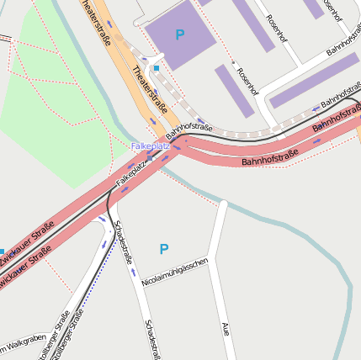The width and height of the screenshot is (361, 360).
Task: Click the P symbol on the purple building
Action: (x=179, y=34)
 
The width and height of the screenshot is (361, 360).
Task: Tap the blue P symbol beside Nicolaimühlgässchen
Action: (x=164, y=249)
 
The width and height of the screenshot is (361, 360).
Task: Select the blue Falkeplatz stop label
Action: (x=151, y=146)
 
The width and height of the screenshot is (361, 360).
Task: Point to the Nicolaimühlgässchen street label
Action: (x=175, y=272)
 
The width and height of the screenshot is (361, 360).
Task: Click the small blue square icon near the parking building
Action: (x=156, y=67)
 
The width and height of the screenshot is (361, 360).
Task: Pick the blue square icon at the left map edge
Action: (x=2, y=251)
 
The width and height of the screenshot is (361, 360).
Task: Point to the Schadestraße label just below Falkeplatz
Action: (x=123, y=242)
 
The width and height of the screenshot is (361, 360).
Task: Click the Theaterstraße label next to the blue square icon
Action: (x=150, y=91)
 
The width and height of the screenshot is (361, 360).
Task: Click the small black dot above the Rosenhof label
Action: (x=232, y=63)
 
